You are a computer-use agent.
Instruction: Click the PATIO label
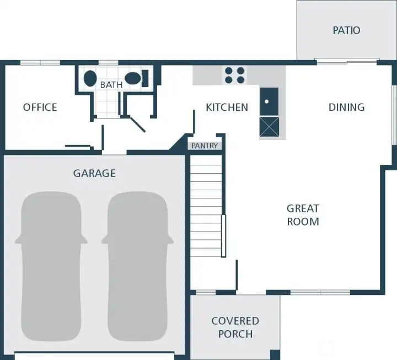[346, 30]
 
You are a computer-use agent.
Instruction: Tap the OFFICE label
[40, 108]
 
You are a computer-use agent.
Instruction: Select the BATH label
[111, 85]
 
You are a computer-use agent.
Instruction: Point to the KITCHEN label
[227, 108]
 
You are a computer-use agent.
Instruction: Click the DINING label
[347, 108]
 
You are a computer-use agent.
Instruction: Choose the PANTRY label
[205, 146]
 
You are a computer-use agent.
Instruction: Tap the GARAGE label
[94, 174]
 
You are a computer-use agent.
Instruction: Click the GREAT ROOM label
[303, 215]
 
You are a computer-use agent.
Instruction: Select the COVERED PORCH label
[235, 327]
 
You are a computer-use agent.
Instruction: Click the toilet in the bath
[137, 78]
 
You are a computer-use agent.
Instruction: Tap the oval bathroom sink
[90, 78]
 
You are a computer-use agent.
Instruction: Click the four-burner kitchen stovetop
[235, 75]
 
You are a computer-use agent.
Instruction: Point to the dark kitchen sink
[269, 101]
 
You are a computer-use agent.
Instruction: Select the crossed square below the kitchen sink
[269, 127]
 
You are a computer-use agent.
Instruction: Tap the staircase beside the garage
[206, 206]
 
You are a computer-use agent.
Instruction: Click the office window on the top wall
[40, 63]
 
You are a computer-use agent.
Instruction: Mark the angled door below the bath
[137, 124]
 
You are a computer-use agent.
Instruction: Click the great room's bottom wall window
[320, 293]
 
